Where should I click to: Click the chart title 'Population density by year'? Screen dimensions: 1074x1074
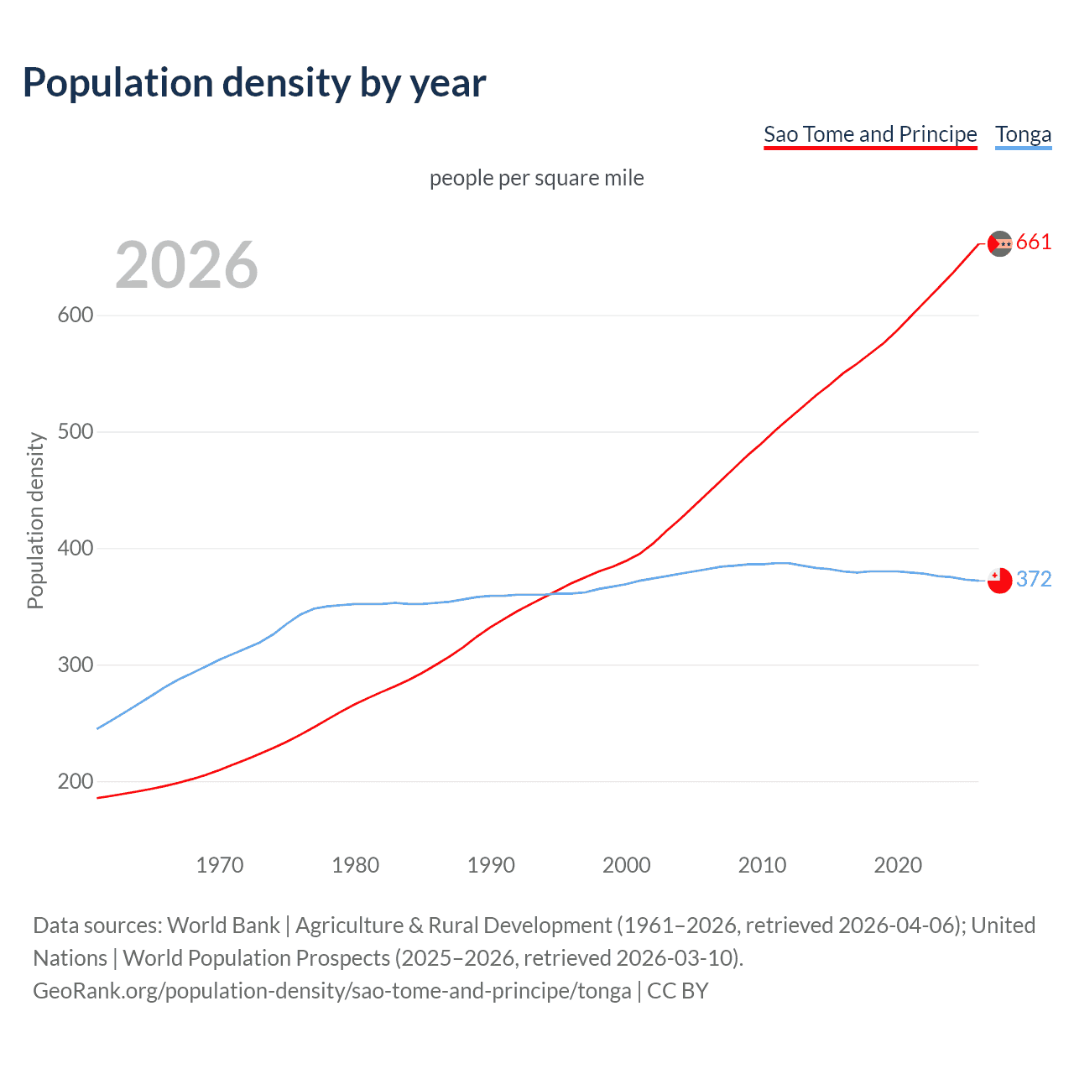(254, 83)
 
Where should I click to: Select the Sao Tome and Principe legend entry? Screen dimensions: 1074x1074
(870, 134)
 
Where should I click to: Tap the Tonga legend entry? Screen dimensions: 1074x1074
(1023, 134)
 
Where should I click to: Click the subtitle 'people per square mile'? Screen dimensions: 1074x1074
(537, 178)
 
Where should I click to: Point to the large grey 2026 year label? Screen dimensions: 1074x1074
(186, 265)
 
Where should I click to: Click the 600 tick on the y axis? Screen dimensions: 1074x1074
(76, 315)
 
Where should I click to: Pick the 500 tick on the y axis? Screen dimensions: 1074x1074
(76, 432)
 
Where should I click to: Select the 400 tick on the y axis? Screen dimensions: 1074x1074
(76, 549)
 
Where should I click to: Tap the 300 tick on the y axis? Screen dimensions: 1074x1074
(76, 665)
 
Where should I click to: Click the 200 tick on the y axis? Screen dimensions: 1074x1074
(76, 782)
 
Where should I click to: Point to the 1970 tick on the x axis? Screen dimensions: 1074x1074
(220, 865)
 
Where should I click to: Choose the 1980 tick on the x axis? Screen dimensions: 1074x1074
(356, 865)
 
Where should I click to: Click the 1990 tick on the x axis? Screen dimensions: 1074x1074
(491, 865)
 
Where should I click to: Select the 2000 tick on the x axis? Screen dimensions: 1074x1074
(627, 865)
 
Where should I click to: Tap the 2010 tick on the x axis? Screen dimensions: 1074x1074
(762, 865)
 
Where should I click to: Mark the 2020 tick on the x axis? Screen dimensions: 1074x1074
(898, 865)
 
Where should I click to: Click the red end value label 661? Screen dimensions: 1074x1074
(1034, 242)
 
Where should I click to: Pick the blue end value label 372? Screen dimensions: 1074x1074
(1034, 580)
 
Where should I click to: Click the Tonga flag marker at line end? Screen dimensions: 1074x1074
(999, 581)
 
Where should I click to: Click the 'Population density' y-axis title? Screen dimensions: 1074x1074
(35, 520)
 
